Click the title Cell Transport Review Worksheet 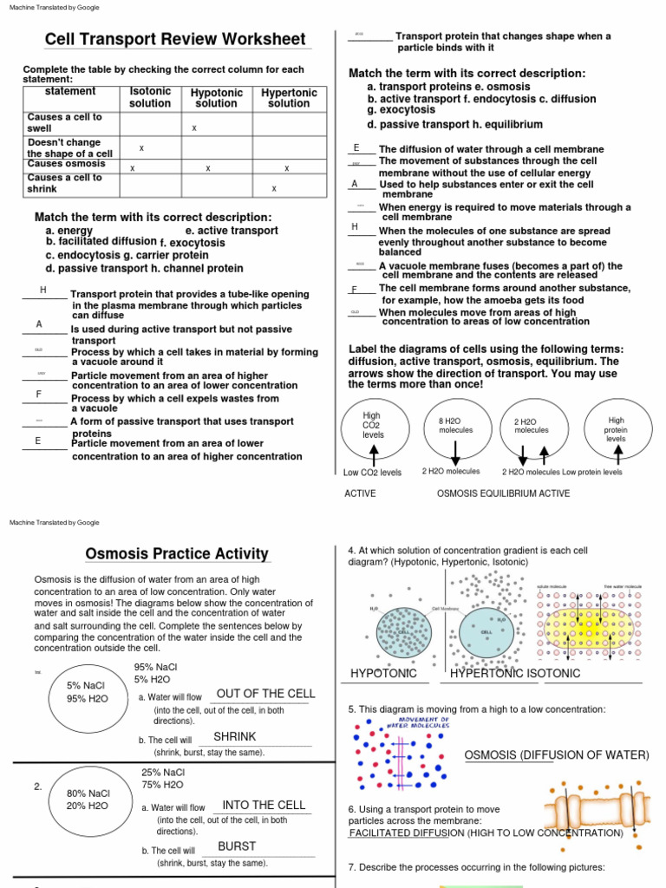[175, 40]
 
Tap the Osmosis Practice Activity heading [177, 554]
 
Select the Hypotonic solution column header [216, 97]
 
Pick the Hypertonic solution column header [289, 97]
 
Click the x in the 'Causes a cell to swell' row [194, 128]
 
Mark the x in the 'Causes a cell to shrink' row [274, 188]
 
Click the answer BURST [237, 846]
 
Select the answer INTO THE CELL [264, 805]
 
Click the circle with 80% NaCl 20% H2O [88, 799]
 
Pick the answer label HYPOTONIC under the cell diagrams [383, 674]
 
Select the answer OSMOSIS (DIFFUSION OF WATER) [556, 755]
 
